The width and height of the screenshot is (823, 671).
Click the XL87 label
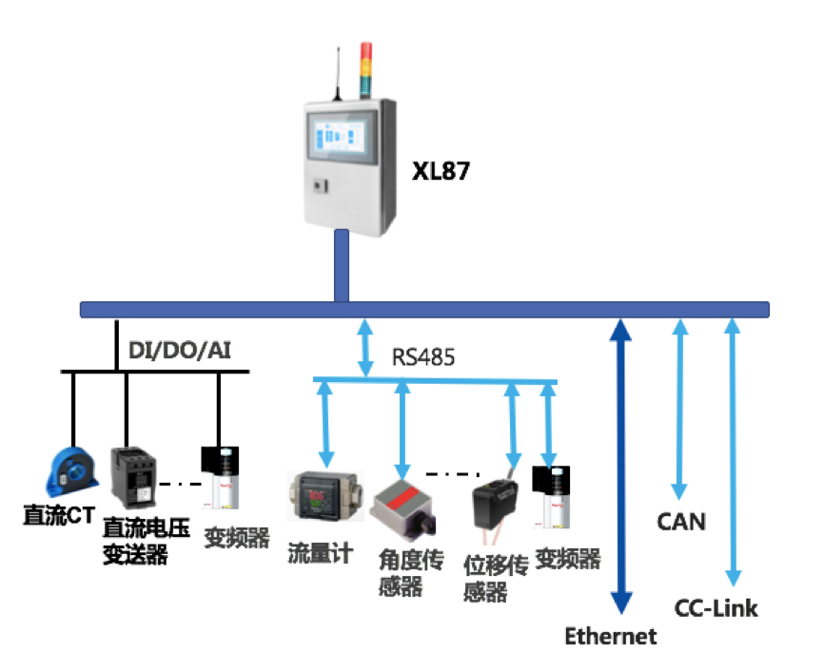pos(441,172)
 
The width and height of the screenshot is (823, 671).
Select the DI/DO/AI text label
pos(180,352)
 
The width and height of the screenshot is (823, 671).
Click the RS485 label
pos(423,357)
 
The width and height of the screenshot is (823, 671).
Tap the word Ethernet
pos(611,636)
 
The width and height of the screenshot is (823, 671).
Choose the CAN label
pos(681,521)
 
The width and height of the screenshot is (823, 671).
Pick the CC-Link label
pos(716,608)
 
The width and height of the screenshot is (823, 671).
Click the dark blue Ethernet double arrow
pos(621,466)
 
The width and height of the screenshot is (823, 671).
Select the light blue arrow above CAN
pos(679,409)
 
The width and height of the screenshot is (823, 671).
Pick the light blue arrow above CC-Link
pos(732,451)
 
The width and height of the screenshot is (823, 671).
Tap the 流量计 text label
pos(321,553)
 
